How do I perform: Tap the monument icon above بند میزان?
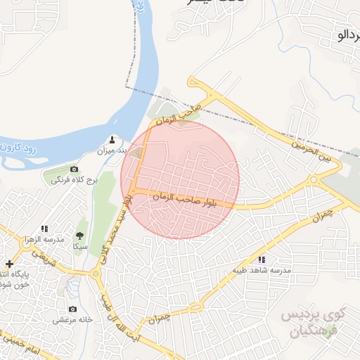coord(112,139)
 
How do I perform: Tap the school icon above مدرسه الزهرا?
coord(44,229)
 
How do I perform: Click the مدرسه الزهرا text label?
coord(44,239)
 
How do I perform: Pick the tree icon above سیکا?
coord(79,236)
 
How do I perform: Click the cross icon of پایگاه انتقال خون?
coord(8,263)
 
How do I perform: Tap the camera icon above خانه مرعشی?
coord(72,309)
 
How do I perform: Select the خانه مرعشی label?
coord(72,319)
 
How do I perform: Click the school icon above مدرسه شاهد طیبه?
coord(262,259)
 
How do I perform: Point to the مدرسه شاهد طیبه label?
coord(262,270)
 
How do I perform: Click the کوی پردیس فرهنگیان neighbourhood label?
coord(313,322)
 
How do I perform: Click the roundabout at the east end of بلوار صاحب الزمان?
coord(314,179)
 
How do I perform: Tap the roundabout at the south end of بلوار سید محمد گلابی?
coord(95,274)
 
